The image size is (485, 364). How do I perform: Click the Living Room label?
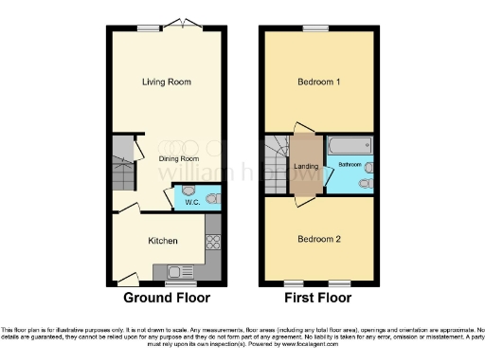[166, 82]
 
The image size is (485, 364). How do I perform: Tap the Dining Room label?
[177, 158]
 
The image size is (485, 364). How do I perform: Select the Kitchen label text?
[163, 241]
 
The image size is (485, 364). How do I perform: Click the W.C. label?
[192, 201]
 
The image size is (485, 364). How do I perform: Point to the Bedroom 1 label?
[318, 82]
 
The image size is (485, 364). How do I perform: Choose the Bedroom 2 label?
[318, 239]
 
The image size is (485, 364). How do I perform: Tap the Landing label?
[306, 168]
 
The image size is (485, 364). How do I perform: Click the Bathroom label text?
[350, 166]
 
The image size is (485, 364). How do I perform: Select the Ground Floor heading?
[165, 298]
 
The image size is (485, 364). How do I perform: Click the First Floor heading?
[318, 298]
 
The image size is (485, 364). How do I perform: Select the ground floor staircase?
[121, 166]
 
